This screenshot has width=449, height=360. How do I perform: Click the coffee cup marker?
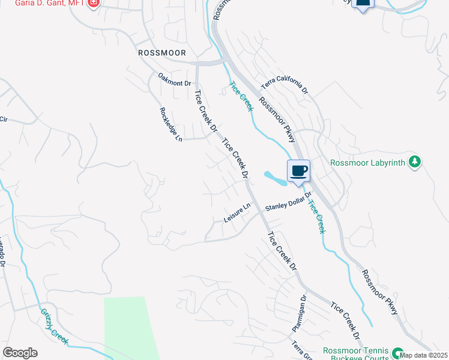coord(298,172)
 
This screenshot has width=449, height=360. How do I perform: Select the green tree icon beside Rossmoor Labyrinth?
coord(414,161)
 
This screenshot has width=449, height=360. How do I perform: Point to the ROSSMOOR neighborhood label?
coord(161,53)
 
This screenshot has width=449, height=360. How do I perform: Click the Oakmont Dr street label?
coord(174,79)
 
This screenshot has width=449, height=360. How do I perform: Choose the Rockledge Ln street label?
coord(170,125)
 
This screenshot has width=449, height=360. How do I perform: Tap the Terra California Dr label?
coord(284,82)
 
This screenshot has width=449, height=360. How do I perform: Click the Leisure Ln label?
coord(237,213)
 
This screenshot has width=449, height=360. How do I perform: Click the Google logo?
coord(20,353)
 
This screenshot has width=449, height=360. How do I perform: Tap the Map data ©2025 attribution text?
coord(423,355)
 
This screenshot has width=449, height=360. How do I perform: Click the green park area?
coord(129,327)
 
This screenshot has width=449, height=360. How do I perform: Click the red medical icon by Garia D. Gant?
coord(94,4)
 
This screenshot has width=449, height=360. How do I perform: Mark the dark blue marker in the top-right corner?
coord(363,4)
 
